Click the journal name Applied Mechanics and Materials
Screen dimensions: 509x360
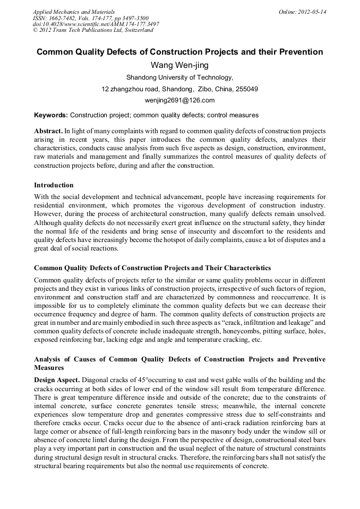[x=73, y=11]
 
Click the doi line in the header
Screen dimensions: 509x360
[x=96, y=24]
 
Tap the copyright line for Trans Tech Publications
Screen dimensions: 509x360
[x=93, y=30]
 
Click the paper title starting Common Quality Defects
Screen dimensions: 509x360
[x=179, y=52]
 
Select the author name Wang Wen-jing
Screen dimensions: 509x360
[x=179, y=65]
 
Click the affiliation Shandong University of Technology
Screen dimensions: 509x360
[x=179, y=77]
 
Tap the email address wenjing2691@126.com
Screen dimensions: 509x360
[x=179, y=100]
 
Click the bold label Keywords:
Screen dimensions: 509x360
[x=51, y=115]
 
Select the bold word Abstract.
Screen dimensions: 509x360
[x=48, y=131]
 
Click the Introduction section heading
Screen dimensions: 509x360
[x=54, y=185]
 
